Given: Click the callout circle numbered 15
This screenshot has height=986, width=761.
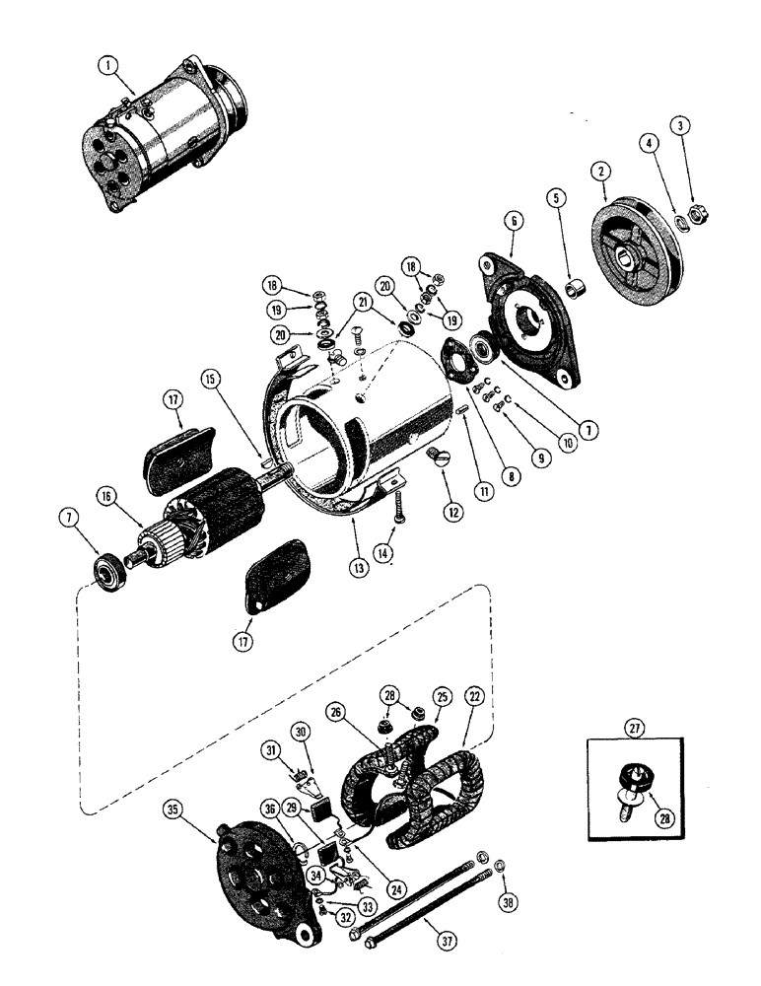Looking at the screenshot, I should tap(210, 378).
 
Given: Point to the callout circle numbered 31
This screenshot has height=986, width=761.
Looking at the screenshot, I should tap(268, 751).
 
